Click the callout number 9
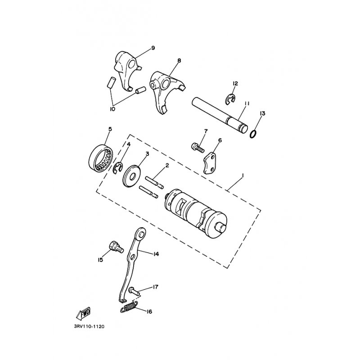pyautogui.click(x=153, y=48)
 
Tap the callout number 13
pyautogui.click(x=262, y=113)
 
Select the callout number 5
pyautogui.click(x=110, y=129)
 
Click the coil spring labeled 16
pyautogui.click(x=130, y=308)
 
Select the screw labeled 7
pyautogui.click(x=197, y=147)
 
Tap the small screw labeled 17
pyautogui.click(x=134, y=292)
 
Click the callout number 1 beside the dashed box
pyautogui.click(x=242, y=175)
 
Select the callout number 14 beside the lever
pyautogui.click(x=156, y=254)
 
